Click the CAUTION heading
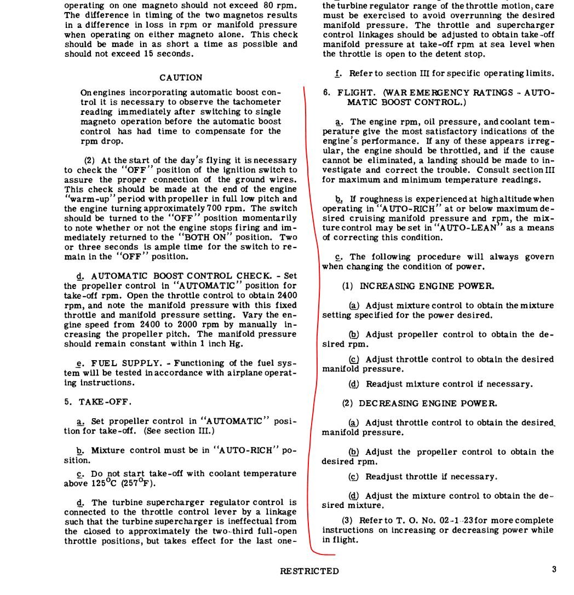point(181,78)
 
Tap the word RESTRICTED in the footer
point(309,571)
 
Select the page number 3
point(554,569)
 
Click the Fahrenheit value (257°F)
point(139,483)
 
